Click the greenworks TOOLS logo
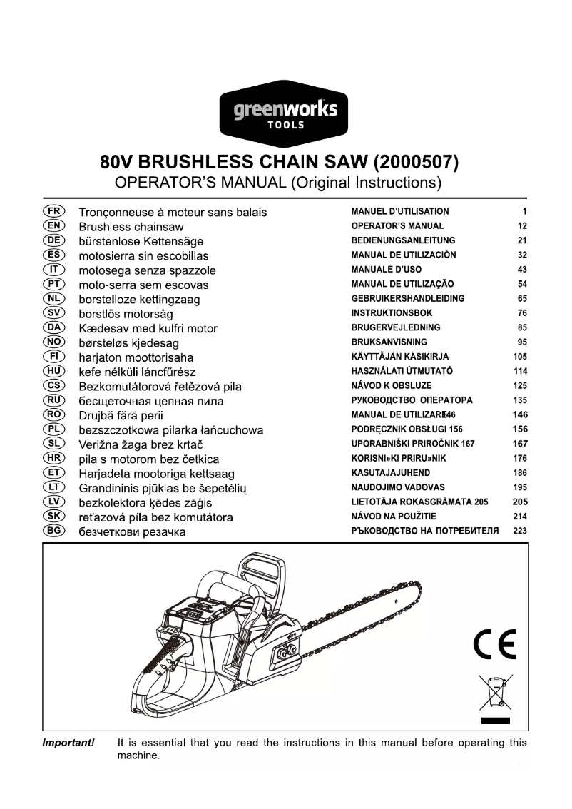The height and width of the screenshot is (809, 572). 285,114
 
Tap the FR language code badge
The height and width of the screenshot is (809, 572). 54,211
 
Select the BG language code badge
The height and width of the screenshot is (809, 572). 54,531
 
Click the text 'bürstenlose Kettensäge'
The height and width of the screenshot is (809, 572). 141,241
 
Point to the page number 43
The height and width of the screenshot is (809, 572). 521,270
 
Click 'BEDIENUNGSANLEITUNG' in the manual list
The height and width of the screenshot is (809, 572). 403,240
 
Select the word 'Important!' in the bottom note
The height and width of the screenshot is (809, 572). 69,743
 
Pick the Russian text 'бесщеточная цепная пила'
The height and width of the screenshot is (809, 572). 151,401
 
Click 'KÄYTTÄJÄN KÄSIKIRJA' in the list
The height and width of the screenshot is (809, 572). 402,357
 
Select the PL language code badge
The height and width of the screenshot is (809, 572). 54,429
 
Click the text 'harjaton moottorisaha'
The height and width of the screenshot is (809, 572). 136,357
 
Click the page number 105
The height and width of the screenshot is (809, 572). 520,357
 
